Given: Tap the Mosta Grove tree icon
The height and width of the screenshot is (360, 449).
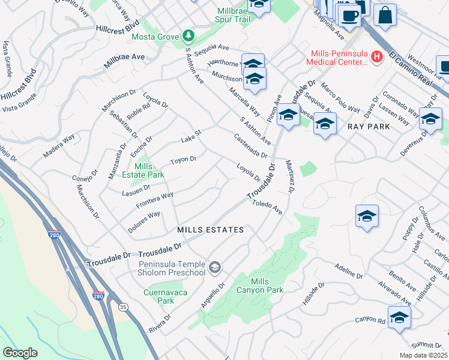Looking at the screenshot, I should pyautogui.click(x=188, y=37).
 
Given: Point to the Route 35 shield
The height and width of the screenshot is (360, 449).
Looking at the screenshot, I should pyautogui.click(x=124, y=307).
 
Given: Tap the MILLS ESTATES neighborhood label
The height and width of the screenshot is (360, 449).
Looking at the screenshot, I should pyautogui.click(x=211, y=230).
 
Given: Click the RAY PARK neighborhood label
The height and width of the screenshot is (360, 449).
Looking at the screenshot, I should pyautogui.click(x=369, y=127).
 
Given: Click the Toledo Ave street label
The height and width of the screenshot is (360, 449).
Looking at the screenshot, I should pyautogui.click(x=267, y=208).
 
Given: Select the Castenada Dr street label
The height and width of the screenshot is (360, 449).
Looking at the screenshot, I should pyautogui.click(x=251, y=146).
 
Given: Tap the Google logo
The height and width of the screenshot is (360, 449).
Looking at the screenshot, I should pyautogui.click(x=20, y=352).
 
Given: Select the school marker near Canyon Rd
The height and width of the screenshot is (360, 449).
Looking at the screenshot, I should pyautogui.click(x=399, y=317).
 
